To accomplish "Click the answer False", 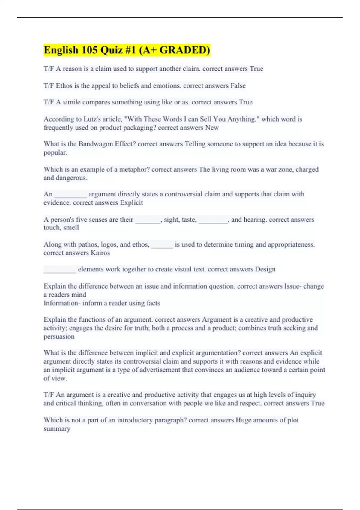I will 238,86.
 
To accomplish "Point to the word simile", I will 72,102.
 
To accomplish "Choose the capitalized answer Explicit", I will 131,203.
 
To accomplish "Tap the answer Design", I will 265,269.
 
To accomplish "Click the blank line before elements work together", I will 60,270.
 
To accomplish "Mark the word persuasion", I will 59,337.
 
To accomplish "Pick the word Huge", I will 243,420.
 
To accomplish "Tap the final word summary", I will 57,429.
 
